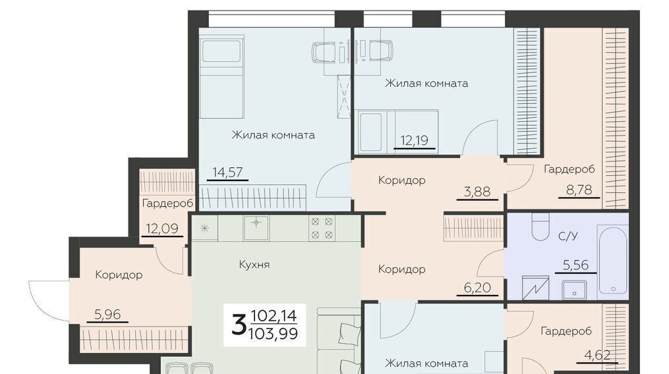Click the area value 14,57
point(228,172)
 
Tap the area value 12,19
point(415,140)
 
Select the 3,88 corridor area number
point(477,192)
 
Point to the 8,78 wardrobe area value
point(579,190)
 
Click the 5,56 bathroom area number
point(575,265)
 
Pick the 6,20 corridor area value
point(477,288)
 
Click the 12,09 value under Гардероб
point(162,228)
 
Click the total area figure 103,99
point(273,333)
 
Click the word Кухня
point(254,265)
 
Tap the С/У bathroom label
point(568,236)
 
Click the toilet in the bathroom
point(540,227)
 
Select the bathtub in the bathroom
point(613,261)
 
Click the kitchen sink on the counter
point(256,228)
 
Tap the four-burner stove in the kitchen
point(322,228)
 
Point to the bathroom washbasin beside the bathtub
point(574,290)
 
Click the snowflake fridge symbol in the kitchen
point(205,228)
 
